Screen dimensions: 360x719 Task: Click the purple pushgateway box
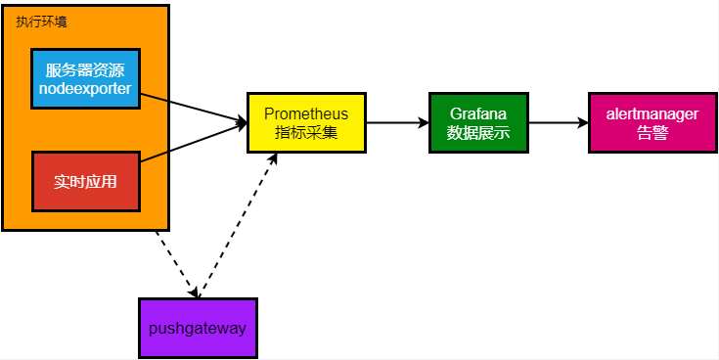(198, 327)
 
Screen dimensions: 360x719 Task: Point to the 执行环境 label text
(42, 22)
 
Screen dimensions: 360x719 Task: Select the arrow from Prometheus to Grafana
(397, 122)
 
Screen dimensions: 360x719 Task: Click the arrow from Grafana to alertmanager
(558, 123)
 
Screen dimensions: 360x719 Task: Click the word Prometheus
(306, 112)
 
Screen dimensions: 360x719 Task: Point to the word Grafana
(478, 113)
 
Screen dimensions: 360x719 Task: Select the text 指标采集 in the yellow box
(306, 133)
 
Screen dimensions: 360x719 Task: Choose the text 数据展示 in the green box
(478, 133)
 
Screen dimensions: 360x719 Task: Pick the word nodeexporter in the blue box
(86, 89)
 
